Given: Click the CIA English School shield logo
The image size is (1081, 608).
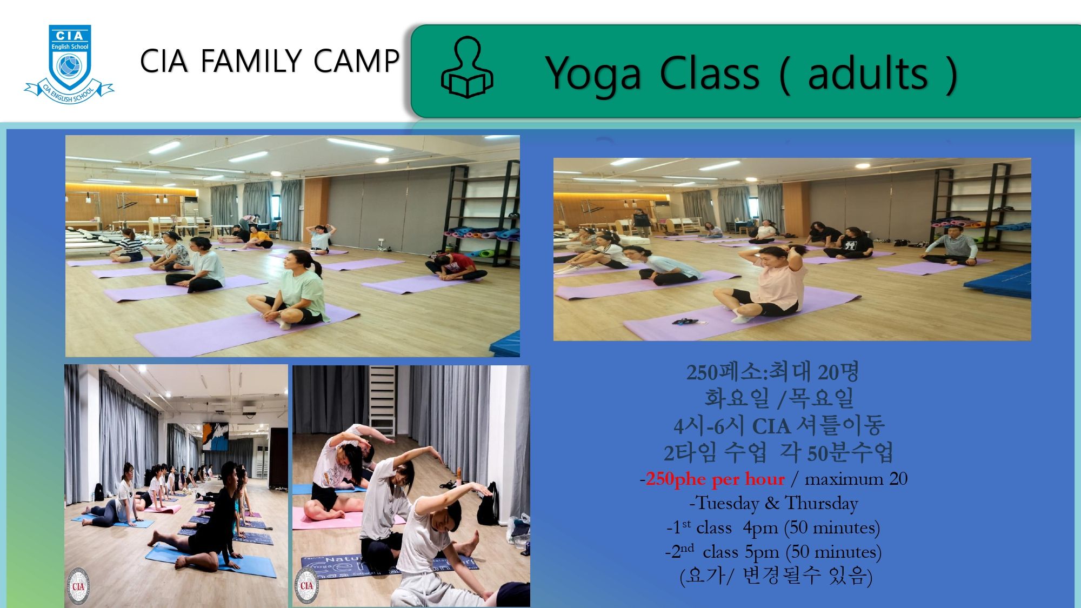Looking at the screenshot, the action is [x=70, y=64].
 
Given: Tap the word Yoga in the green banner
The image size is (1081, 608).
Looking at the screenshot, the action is [x=593, y=75].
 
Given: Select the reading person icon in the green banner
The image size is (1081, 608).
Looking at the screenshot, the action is [x=467, y=68].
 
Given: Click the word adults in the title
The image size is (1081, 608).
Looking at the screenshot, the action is [x=868, y=73].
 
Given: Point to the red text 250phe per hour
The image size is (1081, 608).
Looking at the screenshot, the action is [x=715, y=479].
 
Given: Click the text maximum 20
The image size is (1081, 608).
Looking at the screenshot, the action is [x=856, y=479].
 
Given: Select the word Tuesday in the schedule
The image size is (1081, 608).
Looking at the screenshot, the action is [x=728, y=504].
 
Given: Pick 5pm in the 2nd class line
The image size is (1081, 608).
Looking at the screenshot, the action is [x=762, y=552].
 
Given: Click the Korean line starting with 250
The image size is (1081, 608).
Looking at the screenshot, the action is [x=772, y=372].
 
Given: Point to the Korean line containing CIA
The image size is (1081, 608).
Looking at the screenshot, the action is [x=779, y=425].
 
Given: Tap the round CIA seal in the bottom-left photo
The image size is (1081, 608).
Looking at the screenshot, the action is [x=78, y=586].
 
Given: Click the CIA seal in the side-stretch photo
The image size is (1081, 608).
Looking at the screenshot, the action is [x=306, y=585].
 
